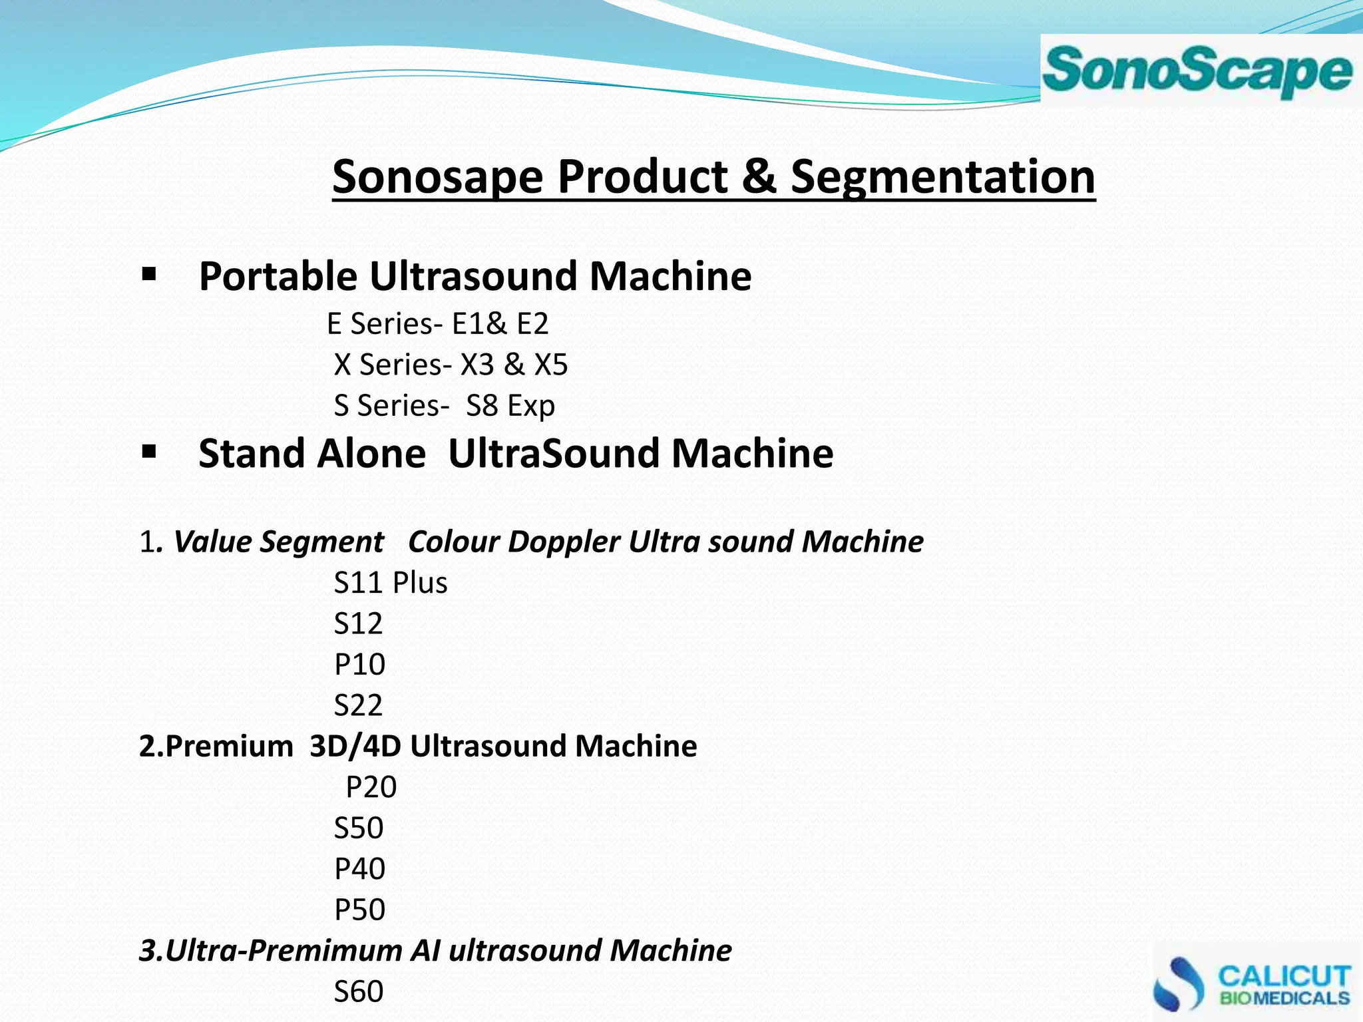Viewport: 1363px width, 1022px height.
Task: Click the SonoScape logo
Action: [x=1198, y=71]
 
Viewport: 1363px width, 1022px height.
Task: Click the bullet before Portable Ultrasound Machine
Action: [x=149, y=274]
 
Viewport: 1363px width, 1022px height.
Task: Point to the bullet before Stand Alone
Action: [x=149, y=452]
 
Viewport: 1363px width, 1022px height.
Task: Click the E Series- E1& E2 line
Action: [x=438, y=324]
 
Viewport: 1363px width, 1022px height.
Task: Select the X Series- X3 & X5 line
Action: [x=451, y=365]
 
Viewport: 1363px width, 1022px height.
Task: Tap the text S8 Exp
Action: [x=510, y=406]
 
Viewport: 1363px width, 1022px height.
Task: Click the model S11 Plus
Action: [x=391, y=583]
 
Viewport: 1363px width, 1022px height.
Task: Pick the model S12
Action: [x=358, y=623]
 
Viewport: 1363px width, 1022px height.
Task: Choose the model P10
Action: [x=359, y=665]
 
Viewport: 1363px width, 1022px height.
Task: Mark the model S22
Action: [x=358, y=705]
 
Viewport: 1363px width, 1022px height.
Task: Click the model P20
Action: [x=371, y=787]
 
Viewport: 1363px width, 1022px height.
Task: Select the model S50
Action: [x=359, y=828]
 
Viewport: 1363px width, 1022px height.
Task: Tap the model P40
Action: [x=359, y=869]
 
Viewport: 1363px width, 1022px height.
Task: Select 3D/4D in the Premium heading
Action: [x=355, y=746]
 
